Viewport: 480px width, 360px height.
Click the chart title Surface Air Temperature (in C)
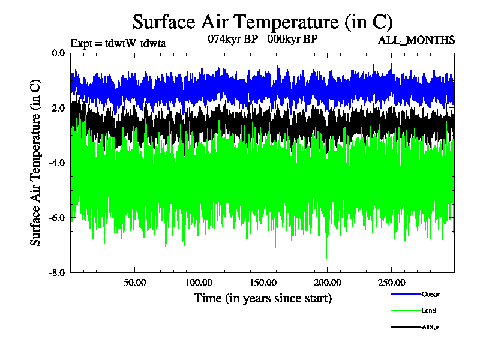[262, 22]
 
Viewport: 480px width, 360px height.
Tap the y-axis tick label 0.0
[58, 53]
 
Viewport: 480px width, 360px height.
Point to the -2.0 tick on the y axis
[58, 108]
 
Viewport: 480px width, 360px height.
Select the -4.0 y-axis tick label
[58, 163]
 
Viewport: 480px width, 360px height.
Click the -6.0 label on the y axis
[58, 218]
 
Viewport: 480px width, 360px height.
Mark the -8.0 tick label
[58, 273]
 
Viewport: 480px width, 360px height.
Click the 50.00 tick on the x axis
[135, 283]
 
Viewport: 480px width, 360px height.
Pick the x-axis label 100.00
[199, 283]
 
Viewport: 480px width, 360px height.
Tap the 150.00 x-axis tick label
[263, 283]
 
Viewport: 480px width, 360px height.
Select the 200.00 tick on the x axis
[326, 283]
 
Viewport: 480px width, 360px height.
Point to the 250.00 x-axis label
[391, 283]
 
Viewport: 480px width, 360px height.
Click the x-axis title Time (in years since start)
[262, 298]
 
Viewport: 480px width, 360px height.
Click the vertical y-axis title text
[35, 162]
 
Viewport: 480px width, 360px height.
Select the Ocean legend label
[431, 295]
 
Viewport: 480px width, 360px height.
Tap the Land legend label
[428, 311]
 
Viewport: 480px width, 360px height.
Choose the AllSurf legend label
[432, 328]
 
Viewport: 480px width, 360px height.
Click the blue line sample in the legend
[406, 295]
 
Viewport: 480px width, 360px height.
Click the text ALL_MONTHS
[416, 41]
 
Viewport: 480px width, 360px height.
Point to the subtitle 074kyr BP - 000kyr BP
[262, 38]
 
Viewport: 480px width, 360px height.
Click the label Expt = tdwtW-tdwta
[118, 43]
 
